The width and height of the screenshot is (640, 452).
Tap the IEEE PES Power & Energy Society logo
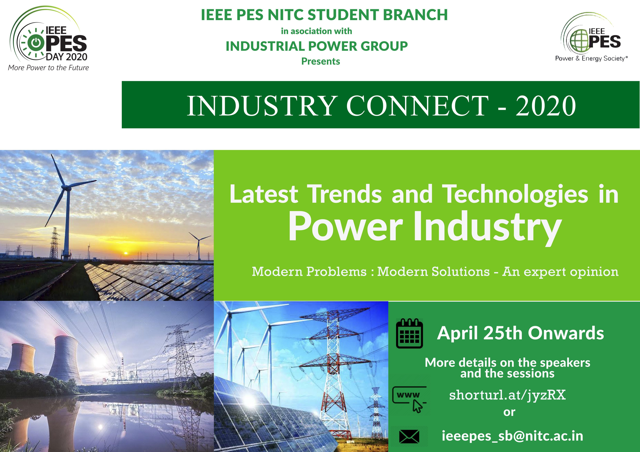click(591, 38)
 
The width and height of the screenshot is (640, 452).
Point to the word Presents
click(321, 61)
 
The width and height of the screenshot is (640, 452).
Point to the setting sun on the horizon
click(126, 253)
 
